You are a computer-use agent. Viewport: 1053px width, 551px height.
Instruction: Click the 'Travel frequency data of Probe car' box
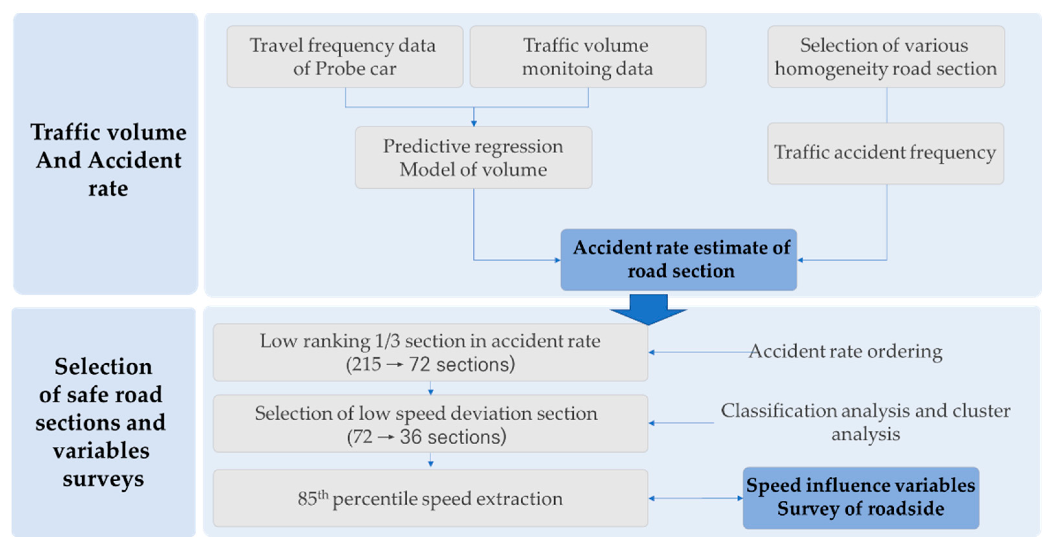(x=345, y=56)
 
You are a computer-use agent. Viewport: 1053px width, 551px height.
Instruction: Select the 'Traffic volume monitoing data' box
(x=587, y=56)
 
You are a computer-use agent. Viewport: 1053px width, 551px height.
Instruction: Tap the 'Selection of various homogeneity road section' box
(x=886, y=56)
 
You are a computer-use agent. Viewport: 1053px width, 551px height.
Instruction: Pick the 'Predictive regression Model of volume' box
(x=473, y=158)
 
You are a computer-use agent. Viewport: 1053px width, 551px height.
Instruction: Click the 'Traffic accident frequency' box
(x=885, y=153)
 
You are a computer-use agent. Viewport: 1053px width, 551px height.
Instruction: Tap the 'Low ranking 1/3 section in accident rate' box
(x=430, y=352)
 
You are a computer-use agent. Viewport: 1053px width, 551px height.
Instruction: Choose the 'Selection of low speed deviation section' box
(x=430, y=423)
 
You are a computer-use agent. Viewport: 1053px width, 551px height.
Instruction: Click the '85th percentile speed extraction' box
(x=430, y=498)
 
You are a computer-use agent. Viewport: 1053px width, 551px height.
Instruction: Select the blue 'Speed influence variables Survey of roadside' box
(x=860, y=498)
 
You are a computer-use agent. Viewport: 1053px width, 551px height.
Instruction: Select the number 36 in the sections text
(x=410, y=437)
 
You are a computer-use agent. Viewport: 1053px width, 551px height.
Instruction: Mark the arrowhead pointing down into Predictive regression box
(x=474, y=123)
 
